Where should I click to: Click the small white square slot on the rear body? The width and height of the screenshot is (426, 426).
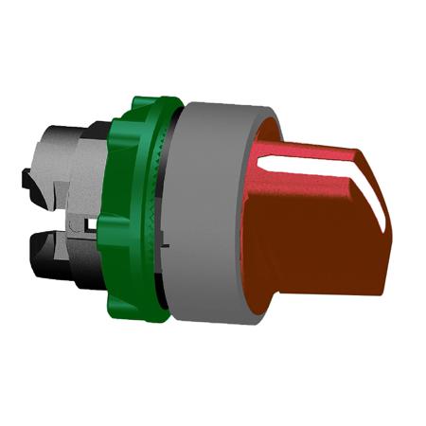click(x=87, y=225)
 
